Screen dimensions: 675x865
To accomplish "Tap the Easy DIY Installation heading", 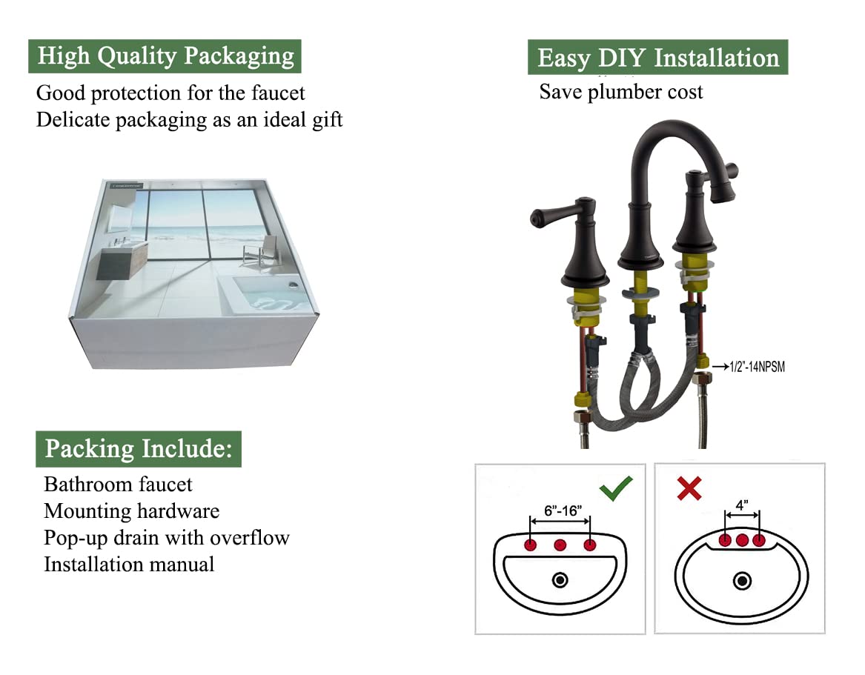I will pos(657,58).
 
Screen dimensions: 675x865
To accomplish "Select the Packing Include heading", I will pos(139,449).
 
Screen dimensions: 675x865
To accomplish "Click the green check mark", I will pos(616,488).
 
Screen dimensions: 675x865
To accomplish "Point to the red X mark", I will pos(689,488).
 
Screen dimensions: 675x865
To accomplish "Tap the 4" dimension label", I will pos(742,503).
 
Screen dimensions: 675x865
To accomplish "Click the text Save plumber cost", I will pos(620,92).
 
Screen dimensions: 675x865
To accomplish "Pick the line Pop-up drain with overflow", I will pos(166,538).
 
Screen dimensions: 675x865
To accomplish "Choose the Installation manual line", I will pos(129,565).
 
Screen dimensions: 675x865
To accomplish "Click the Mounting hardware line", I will pos(131,511).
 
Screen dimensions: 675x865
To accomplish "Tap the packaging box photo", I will pos(194,273).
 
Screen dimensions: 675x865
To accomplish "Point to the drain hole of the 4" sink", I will pos(742,581).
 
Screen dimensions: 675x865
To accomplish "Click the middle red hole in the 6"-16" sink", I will pos(560,545).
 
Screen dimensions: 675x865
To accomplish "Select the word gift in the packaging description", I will pos(325,120).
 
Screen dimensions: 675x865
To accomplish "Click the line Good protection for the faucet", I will pos(170,93).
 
